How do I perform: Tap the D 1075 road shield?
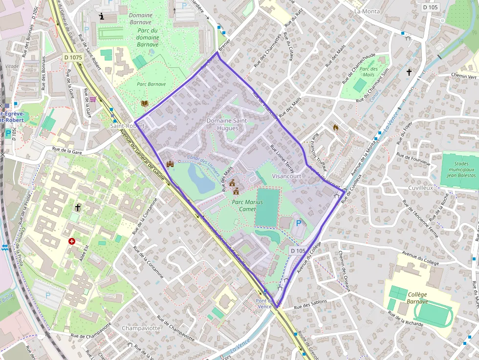click(x=73, y=58)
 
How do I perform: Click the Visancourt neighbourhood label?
click(x=287, y=176)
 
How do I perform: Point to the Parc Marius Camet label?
click(x=247, y=206)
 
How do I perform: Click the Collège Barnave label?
click(x=416, y=298)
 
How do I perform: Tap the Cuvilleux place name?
click(x=420, y=188)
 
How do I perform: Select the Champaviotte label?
click(x=141, y=328)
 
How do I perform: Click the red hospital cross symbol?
click(x=72, y=241)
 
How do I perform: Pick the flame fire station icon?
click(x=336, y=127)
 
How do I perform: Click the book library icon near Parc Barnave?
click(x=144, y=103)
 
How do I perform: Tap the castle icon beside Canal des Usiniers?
click(x=170, y=164)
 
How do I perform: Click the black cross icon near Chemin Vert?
click(x=409, y=72)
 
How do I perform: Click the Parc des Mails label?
click(x=369, y=72)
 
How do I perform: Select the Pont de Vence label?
click(x=264, y=303)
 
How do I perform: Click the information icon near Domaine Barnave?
click(x=102, y=16)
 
